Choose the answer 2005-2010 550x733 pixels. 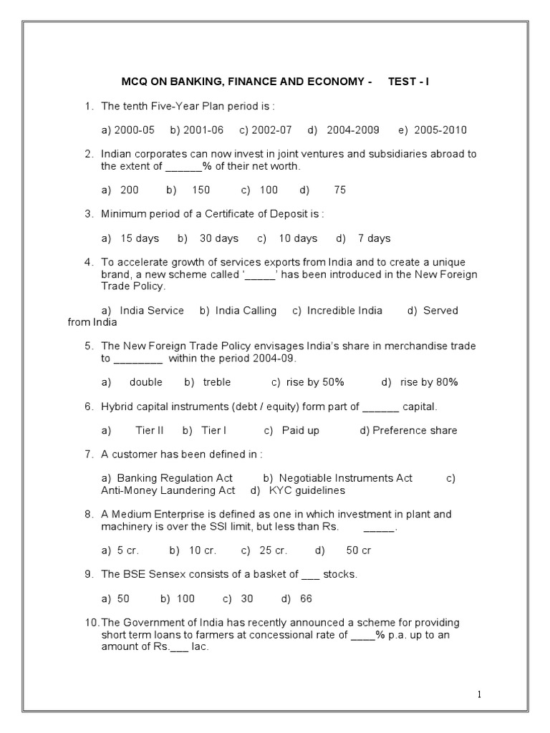pos(442,130)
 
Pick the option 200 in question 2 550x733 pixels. pos(130,190)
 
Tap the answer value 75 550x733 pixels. pos(339,190)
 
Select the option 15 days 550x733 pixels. pos(140,238)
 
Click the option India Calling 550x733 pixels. pos(247,310)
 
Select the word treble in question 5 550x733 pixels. pos(216,382)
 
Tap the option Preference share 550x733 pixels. pos(415,430)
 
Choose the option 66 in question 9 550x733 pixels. pos(307,598)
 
